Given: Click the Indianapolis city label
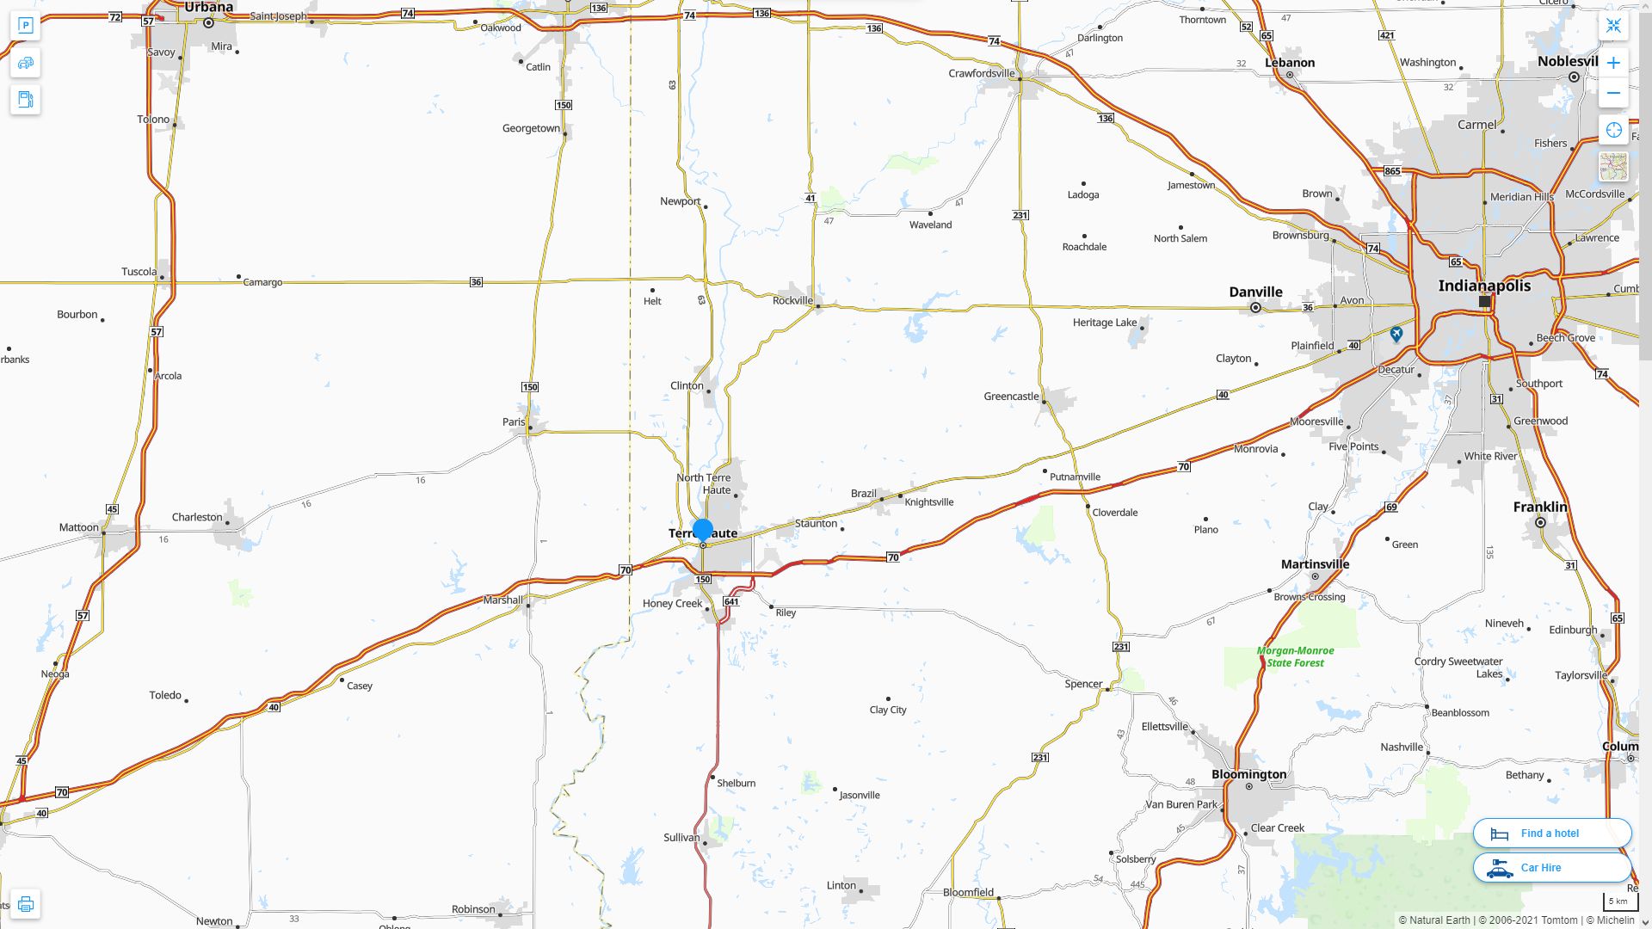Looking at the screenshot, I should click(1484, 286).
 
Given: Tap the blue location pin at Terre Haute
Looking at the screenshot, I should click(703, 530).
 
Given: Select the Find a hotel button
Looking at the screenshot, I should click(1552, 833).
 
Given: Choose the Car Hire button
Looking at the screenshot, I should click(1552, 867).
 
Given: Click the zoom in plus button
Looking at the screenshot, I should click(1613, 63).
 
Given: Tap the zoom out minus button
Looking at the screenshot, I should click(1613, 93).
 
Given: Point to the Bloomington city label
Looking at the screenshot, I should click(1248, 774).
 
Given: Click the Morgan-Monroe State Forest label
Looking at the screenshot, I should click(1295, 656).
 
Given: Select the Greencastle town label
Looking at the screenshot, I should click(1011, 397).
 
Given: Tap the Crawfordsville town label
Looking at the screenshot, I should click(982, 73).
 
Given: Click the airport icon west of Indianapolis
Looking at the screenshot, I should click(1396, 334).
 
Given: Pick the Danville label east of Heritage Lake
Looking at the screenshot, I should click(1255, 292).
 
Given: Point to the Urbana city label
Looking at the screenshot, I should click(208, 8).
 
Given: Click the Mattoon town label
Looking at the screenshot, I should click(79, 527).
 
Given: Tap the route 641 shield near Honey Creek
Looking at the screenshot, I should click(731, 601).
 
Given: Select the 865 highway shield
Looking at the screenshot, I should click(1392, 171).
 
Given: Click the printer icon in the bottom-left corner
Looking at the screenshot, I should click(25, 903).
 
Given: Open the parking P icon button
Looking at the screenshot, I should click(25, 25).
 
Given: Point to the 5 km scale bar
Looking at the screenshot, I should click(1617, 901).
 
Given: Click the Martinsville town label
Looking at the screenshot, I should click(1315, 564).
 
